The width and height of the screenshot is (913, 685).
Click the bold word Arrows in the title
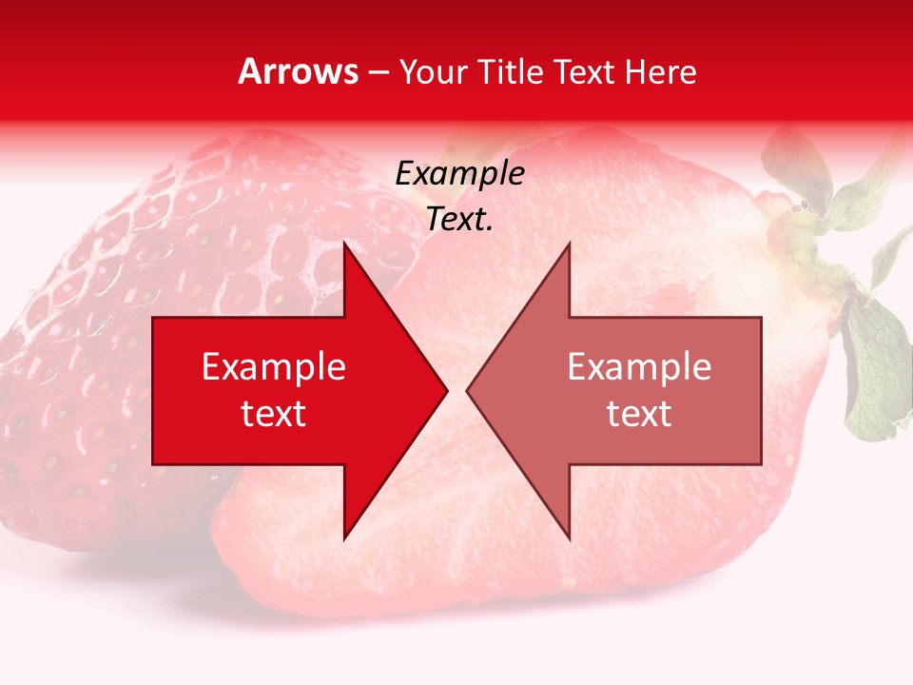click(x=299, y=71)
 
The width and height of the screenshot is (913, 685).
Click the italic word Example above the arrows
click(x=459, y=174)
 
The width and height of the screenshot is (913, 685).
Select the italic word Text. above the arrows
click(x=459, y=220)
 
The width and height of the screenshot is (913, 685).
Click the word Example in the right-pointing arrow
click(x=274, y=367)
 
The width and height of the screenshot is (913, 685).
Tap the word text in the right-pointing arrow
click(x=274, y=413)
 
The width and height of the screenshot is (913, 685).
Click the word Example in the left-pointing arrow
click(x=639, y=367)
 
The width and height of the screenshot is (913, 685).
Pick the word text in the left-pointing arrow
click(x=639, y=413)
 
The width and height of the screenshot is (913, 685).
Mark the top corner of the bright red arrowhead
click(x=344, y=245)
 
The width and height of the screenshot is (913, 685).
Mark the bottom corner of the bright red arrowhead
click(x=344, y=537)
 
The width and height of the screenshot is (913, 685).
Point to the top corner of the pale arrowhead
click(x=569, y=245)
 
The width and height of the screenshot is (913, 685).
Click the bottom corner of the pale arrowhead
click(x=569, y=537)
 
